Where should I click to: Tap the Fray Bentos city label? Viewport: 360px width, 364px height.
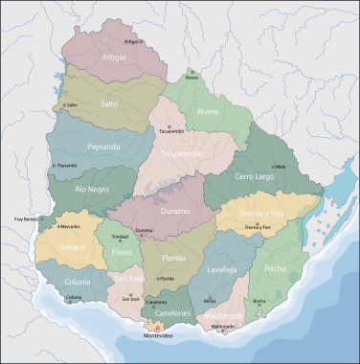click(x=28, y=220)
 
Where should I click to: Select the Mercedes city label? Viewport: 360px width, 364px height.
click(x=70, y=227)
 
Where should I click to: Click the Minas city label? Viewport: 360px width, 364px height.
click(x=210, y=301)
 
